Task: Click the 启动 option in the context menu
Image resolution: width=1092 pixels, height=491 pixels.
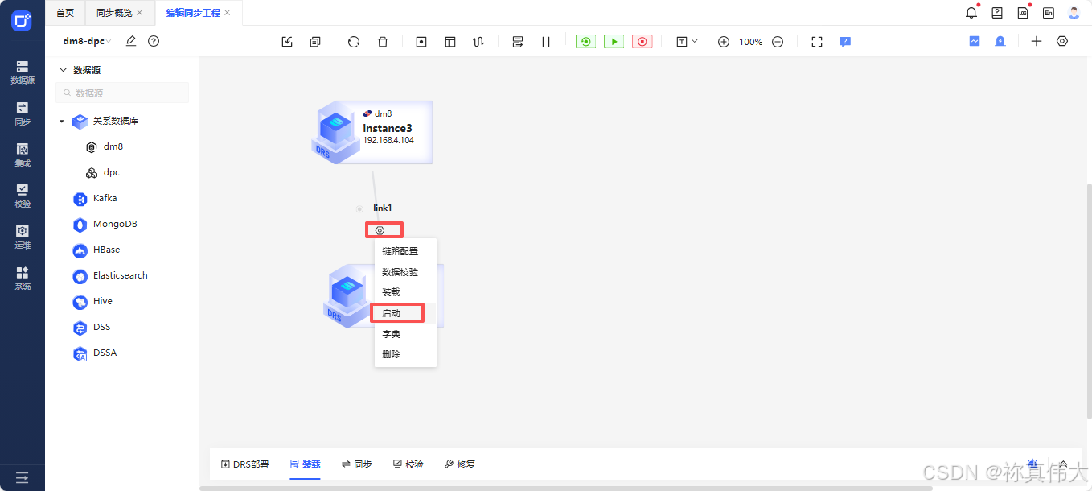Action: (392, 313)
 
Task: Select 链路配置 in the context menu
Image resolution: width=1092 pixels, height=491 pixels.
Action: (400, 251)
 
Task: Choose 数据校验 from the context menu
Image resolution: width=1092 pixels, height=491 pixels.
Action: (400, 272)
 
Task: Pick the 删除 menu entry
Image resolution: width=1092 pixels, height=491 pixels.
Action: (392, 354)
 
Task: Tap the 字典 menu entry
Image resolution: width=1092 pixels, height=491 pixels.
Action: (392, 334)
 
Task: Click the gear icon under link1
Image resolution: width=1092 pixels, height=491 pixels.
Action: (380, 230)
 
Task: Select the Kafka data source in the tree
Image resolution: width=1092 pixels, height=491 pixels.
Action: (105, 198)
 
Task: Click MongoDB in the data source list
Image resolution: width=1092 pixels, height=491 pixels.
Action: (114, 224)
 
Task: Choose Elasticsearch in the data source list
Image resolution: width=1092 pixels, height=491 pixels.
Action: (120, 275)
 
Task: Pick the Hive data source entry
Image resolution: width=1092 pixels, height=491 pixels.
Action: (102, 301)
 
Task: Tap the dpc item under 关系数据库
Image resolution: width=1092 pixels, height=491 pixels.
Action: (111, 172)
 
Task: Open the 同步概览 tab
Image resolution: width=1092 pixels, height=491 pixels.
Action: (114, 13)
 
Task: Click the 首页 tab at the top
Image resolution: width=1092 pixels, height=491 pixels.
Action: (65, 13)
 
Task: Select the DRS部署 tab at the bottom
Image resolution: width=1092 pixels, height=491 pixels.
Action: (245, 464)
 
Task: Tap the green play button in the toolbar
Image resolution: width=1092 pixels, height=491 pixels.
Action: (614, 42)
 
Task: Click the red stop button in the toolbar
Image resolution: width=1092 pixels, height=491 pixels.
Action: (642, 42)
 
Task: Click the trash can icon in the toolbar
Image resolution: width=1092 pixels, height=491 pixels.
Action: (383, 42)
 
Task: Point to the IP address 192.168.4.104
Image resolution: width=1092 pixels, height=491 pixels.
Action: (388, 140)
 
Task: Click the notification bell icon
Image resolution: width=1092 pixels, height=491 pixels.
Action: (971, 13)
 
